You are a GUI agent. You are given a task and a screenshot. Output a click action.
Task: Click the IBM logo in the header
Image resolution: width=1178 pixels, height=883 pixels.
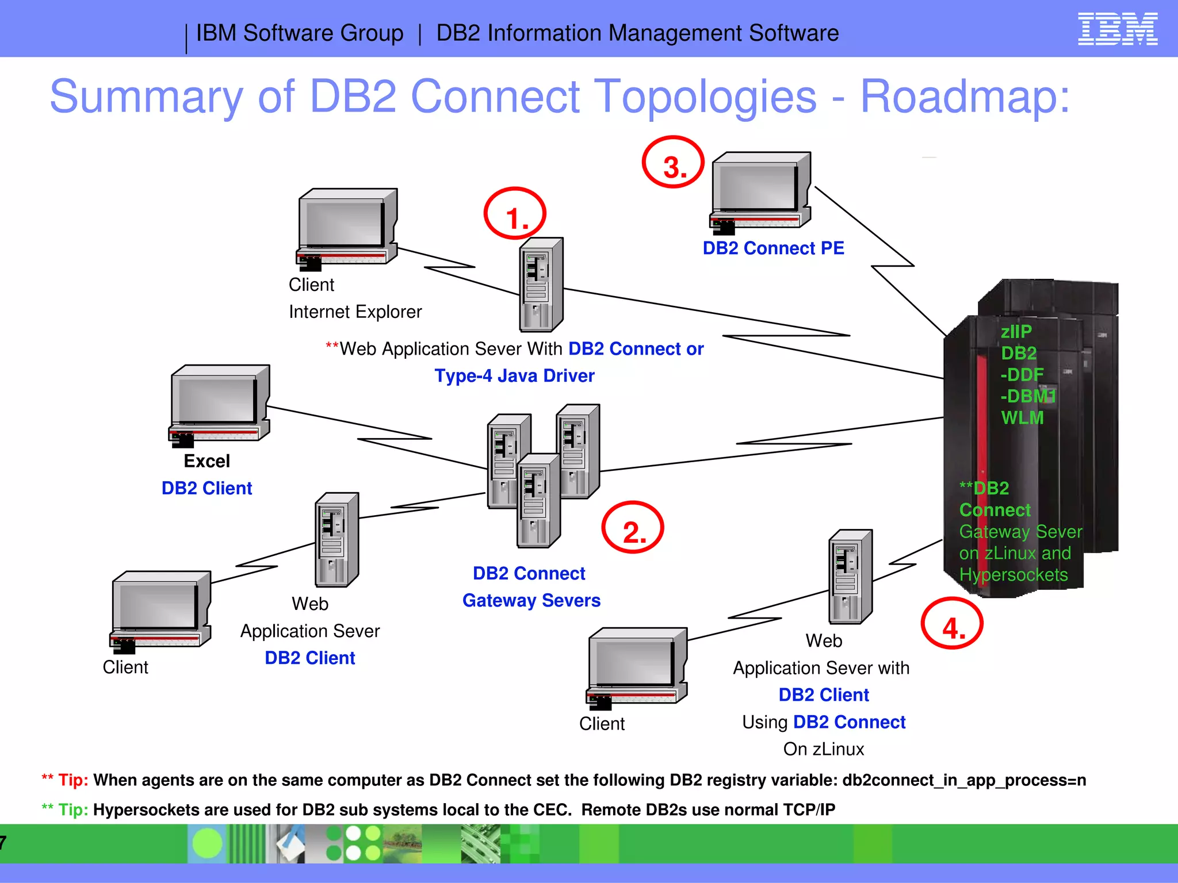(1117, 30)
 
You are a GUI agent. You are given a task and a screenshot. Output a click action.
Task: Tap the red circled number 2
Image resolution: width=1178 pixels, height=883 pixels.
(633, 528)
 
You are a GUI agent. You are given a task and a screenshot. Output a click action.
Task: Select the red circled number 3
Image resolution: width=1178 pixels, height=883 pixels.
(673, 163)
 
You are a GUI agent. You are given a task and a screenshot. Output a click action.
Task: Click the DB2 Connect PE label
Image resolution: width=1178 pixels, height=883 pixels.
(773, 248)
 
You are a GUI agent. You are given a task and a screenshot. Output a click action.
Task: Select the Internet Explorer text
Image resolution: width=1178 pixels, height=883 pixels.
(355, 312)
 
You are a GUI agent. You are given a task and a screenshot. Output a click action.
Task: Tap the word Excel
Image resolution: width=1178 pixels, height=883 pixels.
(206, 461)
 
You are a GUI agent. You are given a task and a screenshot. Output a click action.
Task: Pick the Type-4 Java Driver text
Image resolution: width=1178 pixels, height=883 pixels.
(514, 376)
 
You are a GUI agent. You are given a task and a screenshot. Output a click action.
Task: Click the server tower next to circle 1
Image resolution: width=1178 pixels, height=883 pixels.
(541, 285)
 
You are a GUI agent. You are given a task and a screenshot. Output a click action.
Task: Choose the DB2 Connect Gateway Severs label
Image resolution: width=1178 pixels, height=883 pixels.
(530, 587)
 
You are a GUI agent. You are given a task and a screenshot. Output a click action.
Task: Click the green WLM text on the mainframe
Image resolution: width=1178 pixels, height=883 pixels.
(1022, 418)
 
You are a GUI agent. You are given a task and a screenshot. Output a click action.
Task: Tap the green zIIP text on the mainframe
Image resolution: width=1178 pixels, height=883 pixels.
(1016, 332)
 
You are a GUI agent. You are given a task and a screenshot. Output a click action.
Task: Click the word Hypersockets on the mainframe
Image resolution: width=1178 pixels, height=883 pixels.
(1013, 575)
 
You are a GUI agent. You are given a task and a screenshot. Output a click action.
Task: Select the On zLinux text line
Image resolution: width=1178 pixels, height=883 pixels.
(823, 749)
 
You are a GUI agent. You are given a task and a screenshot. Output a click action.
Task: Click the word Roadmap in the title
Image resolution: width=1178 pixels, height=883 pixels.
(965, 97)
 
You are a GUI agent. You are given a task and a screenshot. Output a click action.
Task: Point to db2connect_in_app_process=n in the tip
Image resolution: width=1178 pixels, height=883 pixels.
(964, 781)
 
